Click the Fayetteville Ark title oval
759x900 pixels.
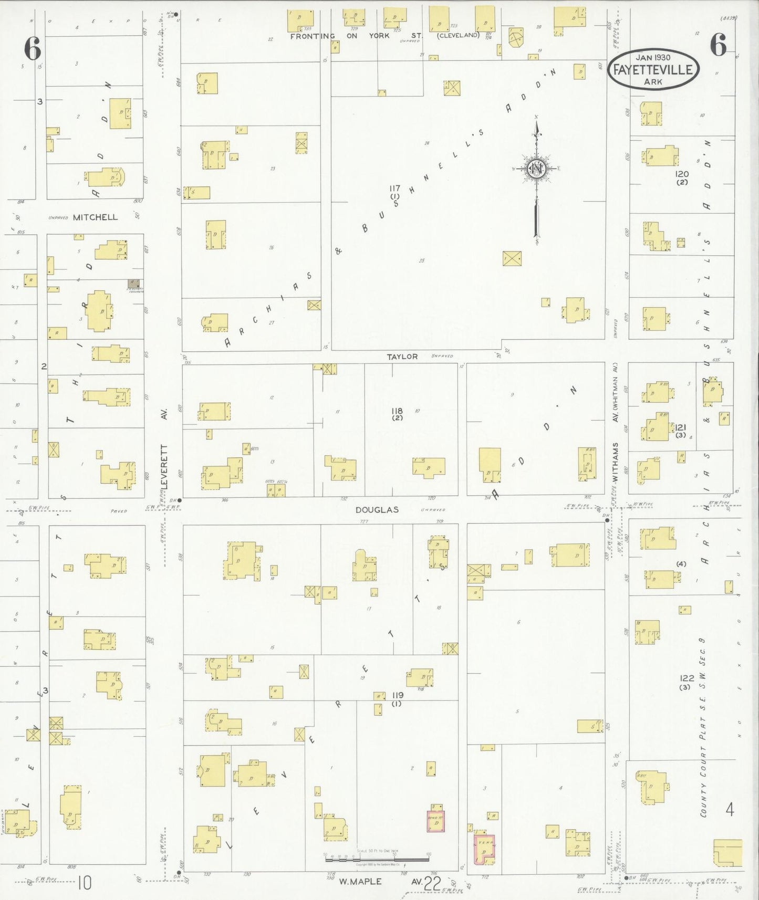click(654, 70)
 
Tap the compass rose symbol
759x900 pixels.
click(536, 169)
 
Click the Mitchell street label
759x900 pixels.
click(95, 217)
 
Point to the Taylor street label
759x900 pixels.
click(402, 357)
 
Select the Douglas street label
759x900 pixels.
click(377, 509)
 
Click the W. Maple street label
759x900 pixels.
click(360, 882)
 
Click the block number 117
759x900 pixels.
click(395, 188)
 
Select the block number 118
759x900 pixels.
click(397, 411)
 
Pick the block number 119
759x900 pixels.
click(397, 695)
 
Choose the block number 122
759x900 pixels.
click(686, 678)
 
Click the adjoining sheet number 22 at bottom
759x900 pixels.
click(432, 884)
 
